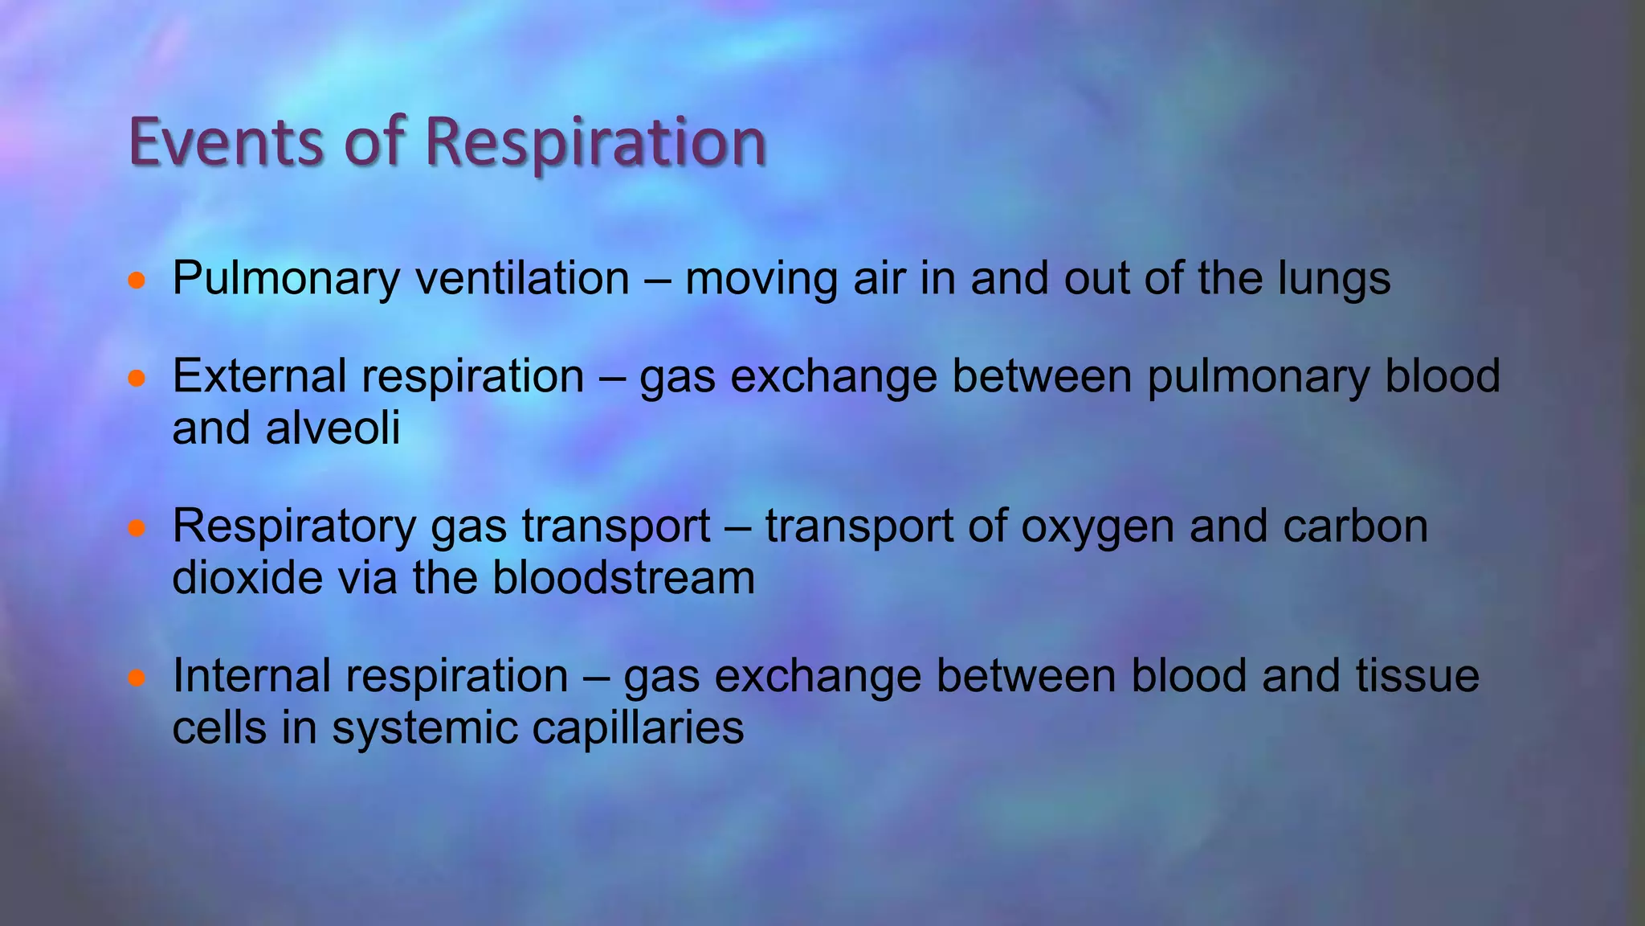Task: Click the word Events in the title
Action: [226, 141]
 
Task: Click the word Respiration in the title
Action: [595, 143]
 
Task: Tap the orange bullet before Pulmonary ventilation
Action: [137, 281]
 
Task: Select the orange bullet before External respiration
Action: [137, 378]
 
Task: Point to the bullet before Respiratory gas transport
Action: [137, 528]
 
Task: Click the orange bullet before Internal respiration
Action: [137, 678]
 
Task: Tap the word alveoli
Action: [333, 428]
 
